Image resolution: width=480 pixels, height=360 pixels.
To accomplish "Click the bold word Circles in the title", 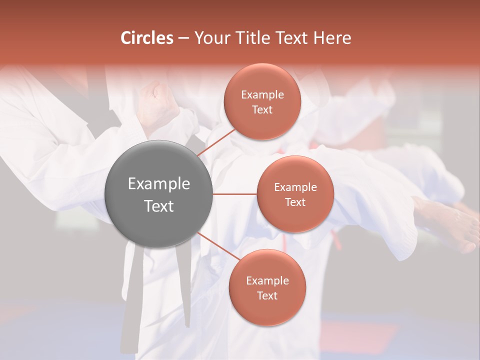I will point(146,38).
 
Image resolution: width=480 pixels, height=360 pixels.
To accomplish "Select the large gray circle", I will point(159,194).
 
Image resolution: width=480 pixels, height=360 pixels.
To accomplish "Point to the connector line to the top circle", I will point(217,141).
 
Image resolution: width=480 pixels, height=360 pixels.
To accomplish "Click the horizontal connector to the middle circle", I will point(234,194).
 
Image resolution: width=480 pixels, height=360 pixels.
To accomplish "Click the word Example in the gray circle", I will point(159,184).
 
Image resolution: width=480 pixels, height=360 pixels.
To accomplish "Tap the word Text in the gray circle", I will point(159,206).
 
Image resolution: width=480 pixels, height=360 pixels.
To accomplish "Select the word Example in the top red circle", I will point(262,95).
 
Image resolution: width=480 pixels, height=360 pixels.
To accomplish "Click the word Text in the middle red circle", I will point(295,202).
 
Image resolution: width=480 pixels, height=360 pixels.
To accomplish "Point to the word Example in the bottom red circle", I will point(267,281).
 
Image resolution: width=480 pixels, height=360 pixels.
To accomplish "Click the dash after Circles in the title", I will point(183,38).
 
